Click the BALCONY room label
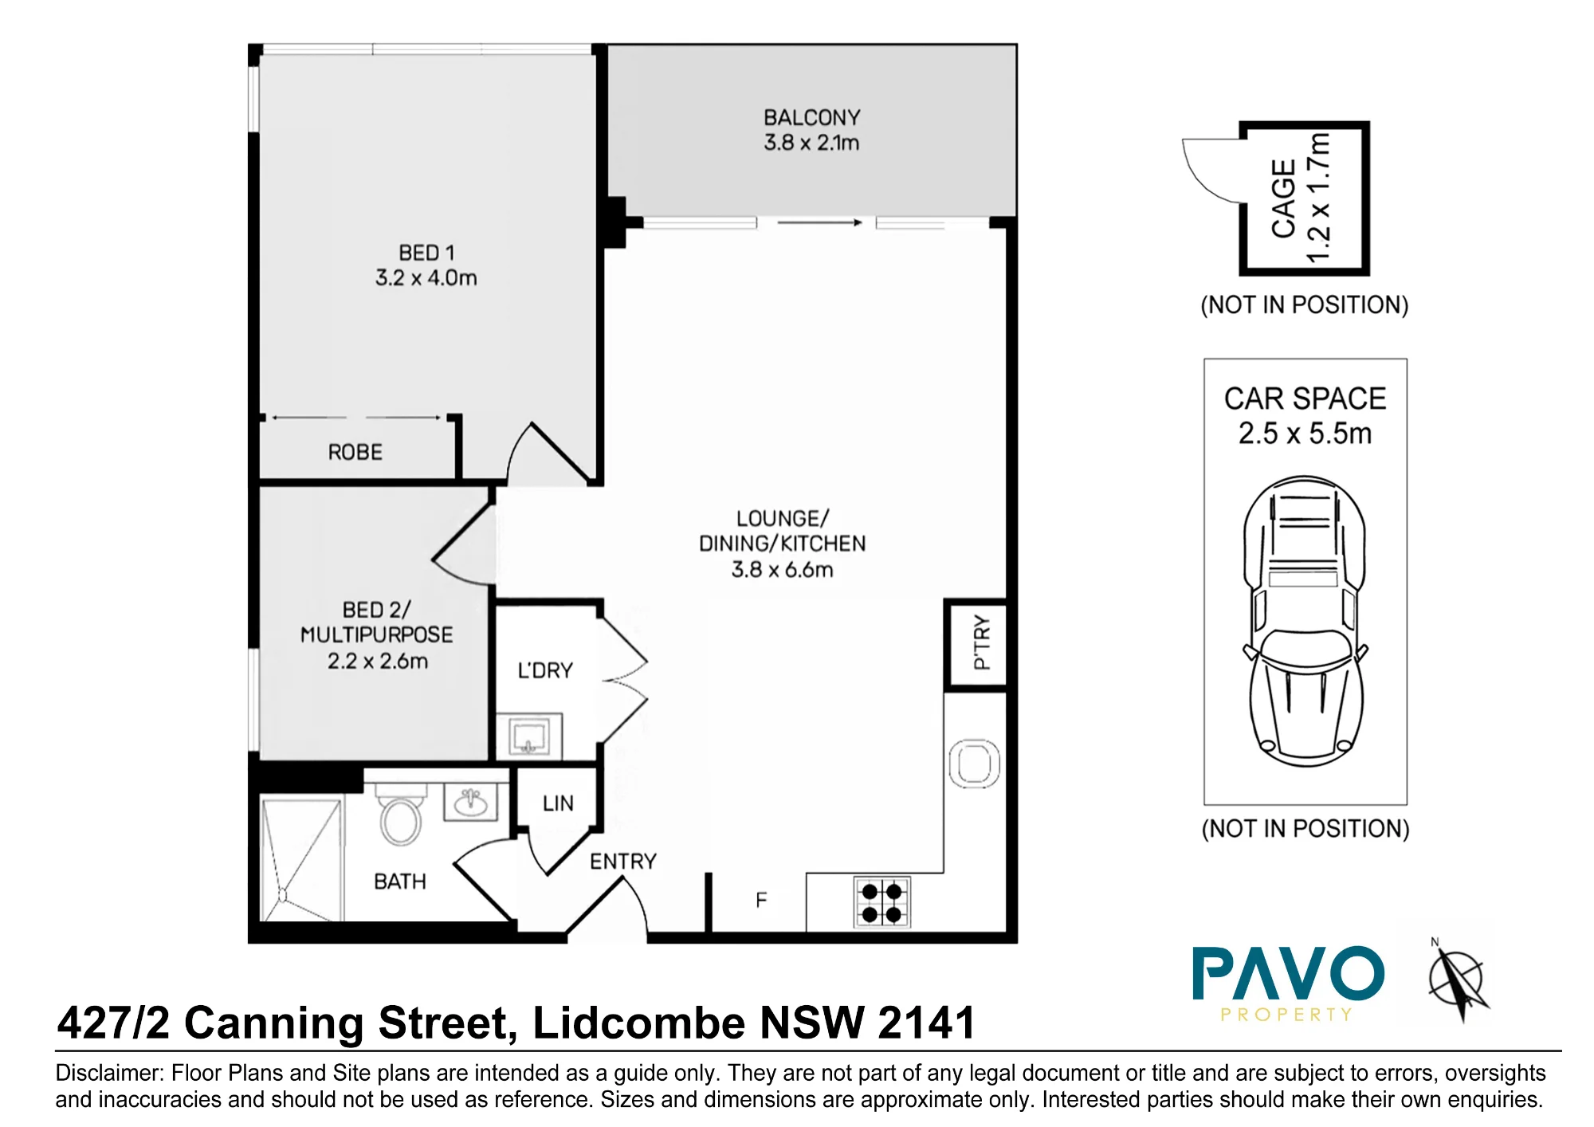click(811, 118)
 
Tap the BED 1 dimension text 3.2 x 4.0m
click(426, 278)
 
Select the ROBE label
click(355, 453)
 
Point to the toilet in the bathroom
click(401, 813)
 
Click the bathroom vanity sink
click(471, 801)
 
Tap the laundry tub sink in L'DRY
click(528, 736)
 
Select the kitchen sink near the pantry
click(974, 764)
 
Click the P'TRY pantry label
click(981, 642)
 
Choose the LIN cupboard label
click(558, 803)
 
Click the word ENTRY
click(623, 862)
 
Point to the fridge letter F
click(761, 901)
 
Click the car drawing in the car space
click(1305, 622)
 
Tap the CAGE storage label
click(1283, 199)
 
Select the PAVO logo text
click(1288, 973)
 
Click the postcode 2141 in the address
click(927, 1023)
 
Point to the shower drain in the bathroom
click(282, 894)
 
